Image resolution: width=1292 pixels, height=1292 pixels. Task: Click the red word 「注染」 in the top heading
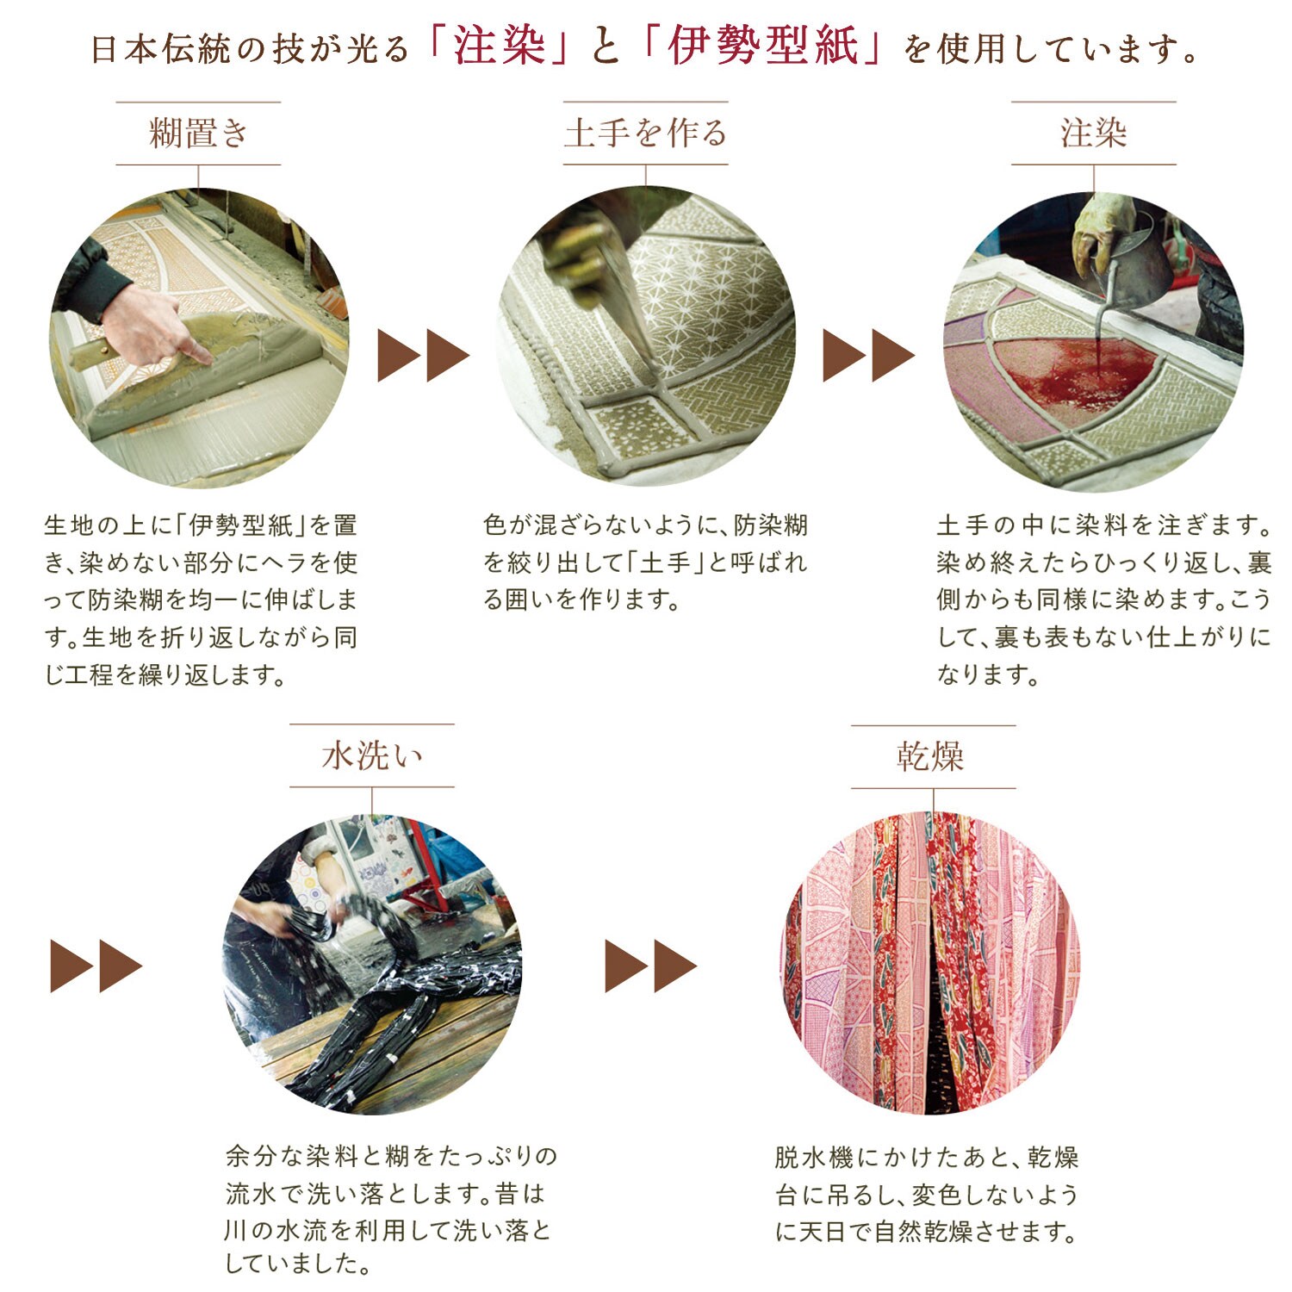click(500, 47)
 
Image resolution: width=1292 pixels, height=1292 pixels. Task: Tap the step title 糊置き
click(199, 134)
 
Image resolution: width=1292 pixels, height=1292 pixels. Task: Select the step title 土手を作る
click(646, 134)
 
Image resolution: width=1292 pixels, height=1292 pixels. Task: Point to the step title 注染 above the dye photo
click(1094, 134)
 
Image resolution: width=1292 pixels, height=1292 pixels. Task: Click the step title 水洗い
click(372, 756)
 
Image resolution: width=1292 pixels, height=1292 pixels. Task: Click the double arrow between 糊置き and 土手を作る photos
click(424, 356)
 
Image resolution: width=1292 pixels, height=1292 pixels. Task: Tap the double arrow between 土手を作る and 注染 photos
click(869, 356)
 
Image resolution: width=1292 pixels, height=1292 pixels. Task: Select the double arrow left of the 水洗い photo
click(96, 966)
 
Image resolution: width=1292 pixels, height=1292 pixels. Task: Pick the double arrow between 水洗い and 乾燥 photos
click(651, 966)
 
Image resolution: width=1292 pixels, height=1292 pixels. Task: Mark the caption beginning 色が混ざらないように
click(646, 562)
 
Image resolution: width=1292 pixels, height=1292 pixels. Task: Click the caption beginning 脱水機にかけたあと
click(927, 1194)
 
